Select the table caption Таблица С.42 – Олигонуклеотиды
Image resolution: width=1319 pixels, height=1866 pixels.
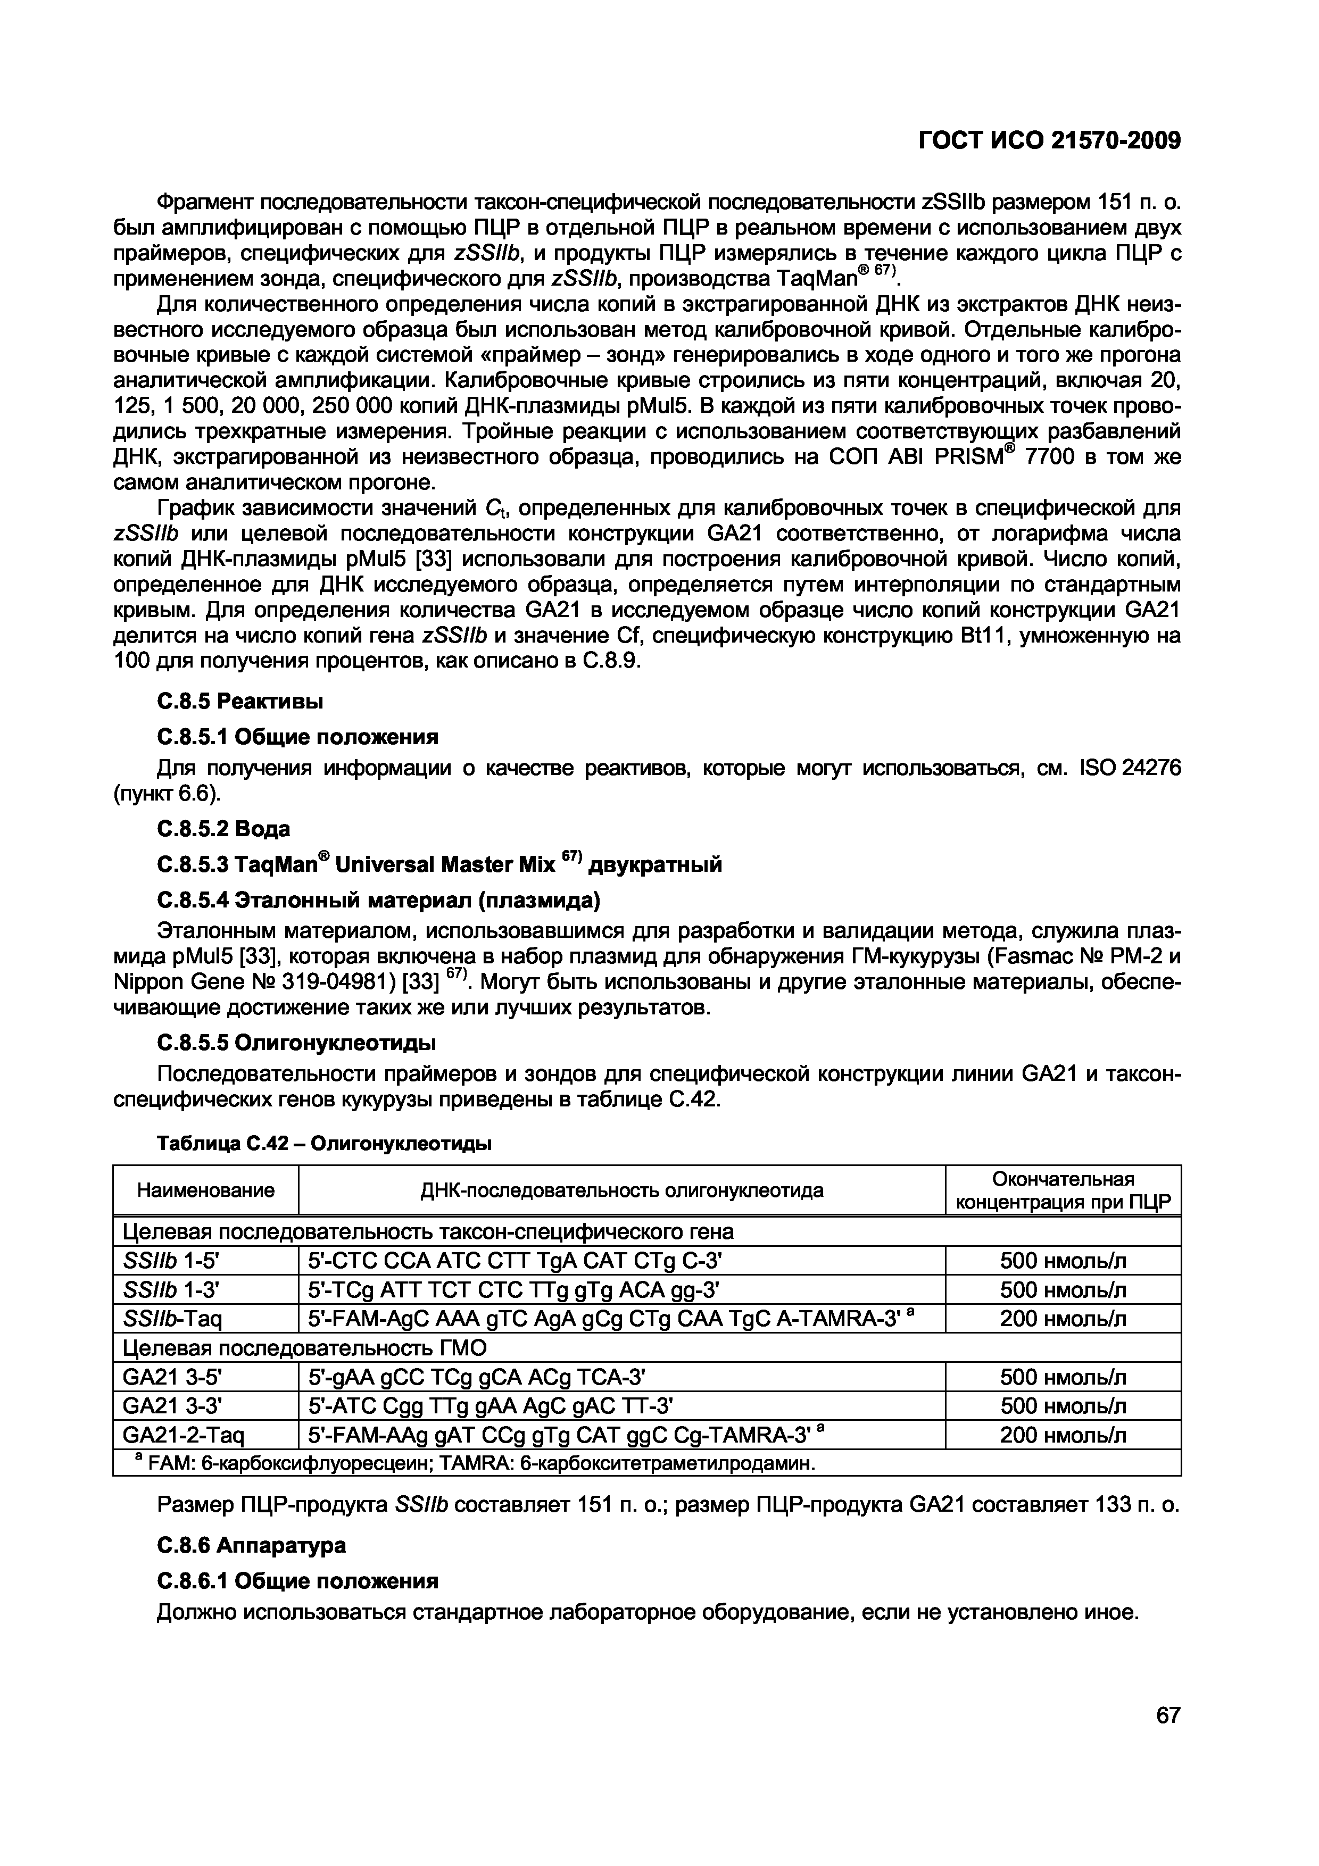point(323,1144)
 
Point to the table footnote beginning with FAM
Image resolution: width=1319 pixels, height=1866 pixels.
point(479,1464)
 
